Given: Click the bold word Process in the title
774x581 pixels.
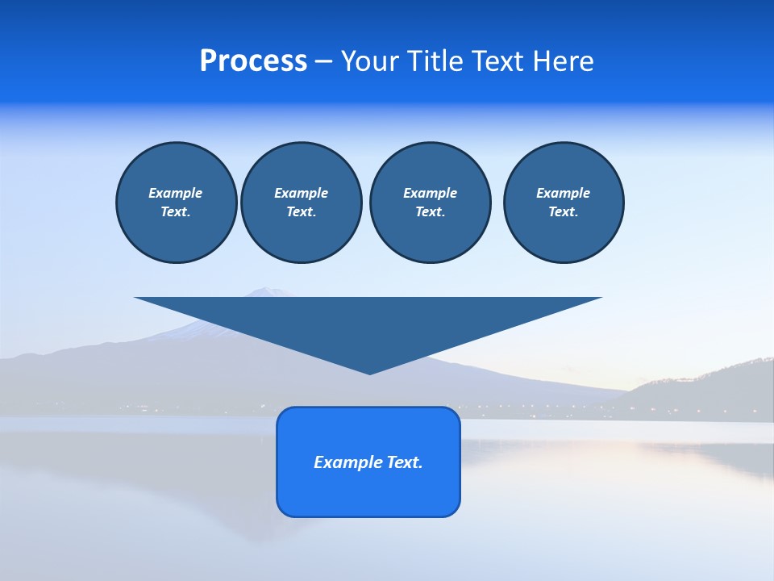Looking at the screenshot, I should [253, 61].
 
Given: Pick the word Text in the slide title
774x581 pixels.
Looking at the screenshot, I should [499, 61].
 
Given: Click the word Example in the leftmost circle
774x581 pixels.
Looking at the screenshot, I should [176, 193].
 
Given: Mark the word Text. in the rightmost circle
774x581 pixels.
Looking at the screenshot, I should [563, 211].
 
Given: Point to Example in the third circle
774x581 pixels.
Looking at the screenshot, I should [430, 193].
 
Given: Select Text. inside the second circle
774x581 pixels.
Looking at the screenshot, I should [301, 211].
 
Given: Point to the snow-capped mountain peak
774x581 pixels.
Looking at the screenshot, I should [266, 291].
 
